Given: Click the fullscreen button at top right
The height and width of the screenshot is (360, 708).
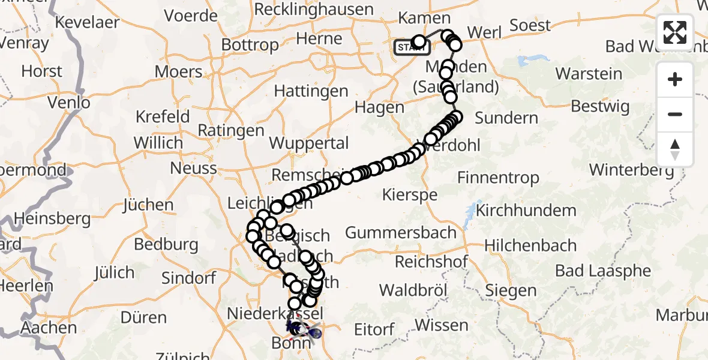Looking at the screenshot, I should [x=675, y=32].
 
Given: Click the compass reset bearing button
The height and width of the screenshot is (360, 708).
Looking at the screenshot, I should [x=675, y=149].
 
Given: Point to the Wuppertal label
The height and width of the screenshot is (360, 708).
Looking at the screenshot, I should [x=309, y=143].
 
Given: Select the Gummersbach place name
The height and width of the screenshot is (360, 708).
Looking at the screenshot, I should [x=401, y=232].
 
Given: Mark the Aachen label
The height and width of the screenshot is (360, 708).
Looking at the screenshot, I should [x=49, y=328].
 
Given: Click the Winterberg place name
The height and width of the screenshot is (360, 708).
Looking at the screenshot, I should [x=631, y=170].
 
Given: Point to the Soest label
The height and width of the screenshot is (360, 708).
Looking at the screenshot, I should [x=530, y=25].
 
